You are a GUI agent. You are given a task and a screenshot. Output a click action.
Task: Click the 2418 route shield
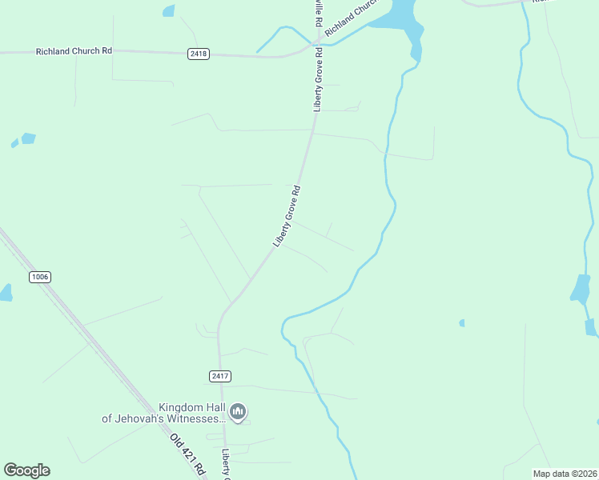pos(199,54)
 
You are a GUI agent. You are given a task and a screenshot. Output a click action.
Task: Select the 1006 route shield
pos(39,277)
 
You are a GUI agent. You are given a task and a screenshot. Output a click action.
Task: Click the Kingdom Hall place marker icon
pos(237,412)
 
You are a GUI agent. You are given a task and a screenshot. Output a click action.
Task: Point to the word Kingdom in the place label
pos(182,407)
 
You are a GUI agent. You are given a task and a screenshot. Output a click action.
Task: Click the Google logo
pos(26,470)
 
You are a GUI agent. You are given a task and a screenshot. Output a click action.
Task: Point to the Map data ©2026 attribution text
pos(564,474)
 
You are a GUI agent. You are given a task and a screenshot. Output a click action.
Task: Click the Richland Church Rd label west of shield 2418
pos(74,51)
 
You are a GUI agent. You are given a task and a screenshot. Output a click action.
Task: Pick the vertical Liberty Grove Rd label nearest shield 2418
pos(318,80)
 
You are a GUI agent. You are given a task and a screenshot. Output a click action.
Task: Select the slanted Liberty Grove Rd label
pos(287,216)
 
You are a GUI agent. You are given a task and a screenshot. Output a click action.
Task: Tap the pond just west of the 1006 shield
pos(5,293)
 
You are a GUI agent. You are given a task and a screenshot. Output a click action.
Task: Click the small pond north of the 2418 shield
pos(168,11)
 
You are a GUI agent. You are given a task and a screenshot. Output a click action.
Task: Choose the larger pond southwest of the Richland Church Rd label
pos(29,138)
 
